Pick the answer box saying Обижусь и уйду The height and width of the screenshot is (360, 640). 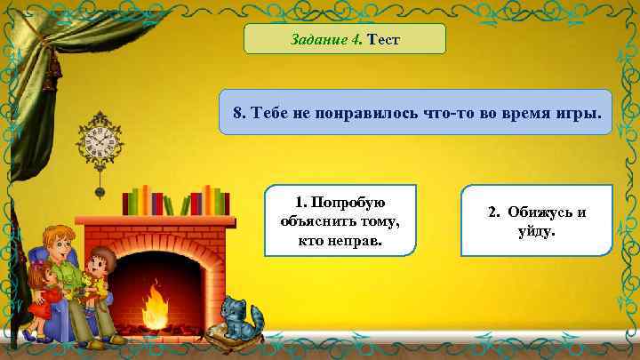tap(537, 221)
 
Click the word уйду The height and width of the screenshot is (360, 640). tap(537, 231)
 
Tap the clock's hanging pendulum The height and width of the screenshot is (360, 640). tap(100, 188)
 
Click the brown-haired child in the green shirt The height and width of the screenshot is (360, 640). tap(100, 276)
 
